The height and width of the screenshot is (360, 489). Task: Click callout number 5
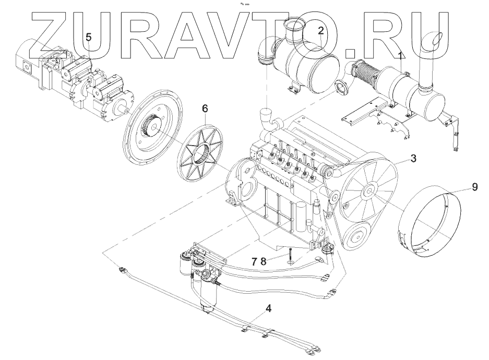(x=89, y=38)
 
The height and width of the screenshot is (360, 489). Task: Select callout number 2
(x=321, y=30)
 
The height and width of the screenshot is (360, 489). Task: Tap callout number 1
(x=400, y=56)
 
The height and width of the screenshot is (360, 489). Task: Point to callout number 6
(x=205, y=109)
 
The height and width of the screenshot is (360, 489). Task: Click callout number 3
(x=413, y=158)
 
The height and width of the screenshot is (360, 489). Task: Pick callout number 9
(x=474, y=187)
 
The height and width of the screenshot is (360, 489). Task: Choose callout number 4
(x=268, y=308)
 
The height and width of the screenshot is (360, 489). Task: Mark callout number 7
(x=254, y=261)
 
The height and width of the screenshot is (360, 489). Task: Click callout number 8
(x=264, y=261)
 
